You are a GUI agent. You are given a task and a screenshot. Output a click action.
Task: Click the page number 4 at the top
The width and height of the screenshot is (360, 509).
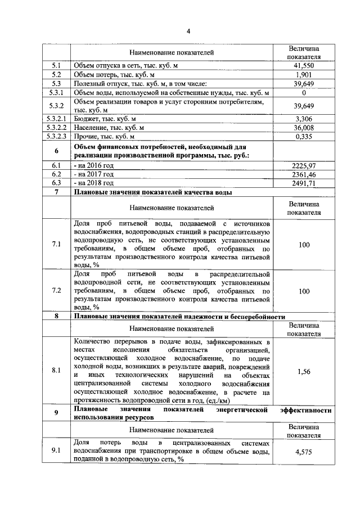click(188, 31)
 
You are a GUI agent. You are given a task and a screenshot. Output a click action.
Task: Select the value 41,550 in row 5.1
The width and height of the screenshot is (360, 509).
click(304, 66)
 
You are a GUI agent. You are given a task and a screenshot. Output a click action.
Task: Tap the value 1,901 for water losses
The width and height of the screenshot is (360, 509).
click(304, 75)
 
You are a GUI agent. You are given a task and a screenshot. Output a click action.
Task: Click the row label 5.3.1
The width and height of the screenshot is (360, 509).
click(56, 92)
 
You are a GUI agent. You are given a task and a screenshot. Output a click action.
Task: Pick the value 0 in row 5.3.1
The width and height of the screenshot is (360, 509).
click(304, 92)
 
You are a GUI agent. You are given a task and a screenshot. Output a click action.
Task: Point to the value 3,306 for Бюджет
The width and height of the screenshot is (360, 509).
click(304, 119)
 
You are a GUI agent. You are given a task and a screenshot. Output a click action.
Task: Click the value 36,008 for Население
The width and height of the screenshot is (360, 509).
click(304, 128)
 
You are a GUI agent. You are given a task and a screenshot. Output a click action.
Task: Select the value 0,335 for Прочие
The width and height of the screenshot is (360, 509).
click(304, 136)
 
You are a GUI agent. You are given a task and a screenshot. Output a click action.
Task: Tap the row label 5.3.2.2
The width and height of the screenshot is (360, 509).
click(56, 128)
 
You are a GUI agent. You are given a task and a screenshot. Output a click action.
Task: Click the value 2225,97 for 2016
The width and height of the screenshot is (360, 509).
click(304, 166)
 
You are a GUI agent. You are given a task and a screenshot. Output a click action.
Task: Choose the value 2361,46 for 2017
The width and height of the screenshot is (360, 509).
click(304, 175)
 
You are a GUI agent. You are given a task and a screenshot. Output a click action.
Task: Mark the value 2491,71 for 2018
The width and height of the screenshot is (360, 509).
click(304, 183)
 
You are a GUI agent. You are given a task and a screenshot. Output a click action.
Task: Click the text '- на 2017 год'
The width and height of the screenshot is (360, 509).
click(94, 175)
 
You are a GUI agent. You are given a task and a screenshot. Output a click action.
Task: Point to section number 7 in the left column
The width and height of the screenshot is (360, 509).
click(56, 192)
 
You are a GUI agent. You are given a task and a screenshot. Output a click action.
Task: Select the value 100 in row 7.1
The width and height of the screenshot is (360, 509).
click(304, 244)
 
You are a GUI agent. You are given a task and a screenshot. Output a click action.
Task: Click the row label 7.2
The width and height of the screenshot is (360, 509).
click(56, 291)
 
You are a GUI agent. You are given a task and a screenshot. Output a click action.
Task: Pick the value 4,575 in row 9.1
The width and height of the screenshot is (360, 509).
click(304, 451)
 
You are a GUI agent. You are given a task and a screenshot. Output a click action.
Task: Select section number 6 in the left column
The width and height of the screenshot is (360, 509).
click(56, 151)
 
